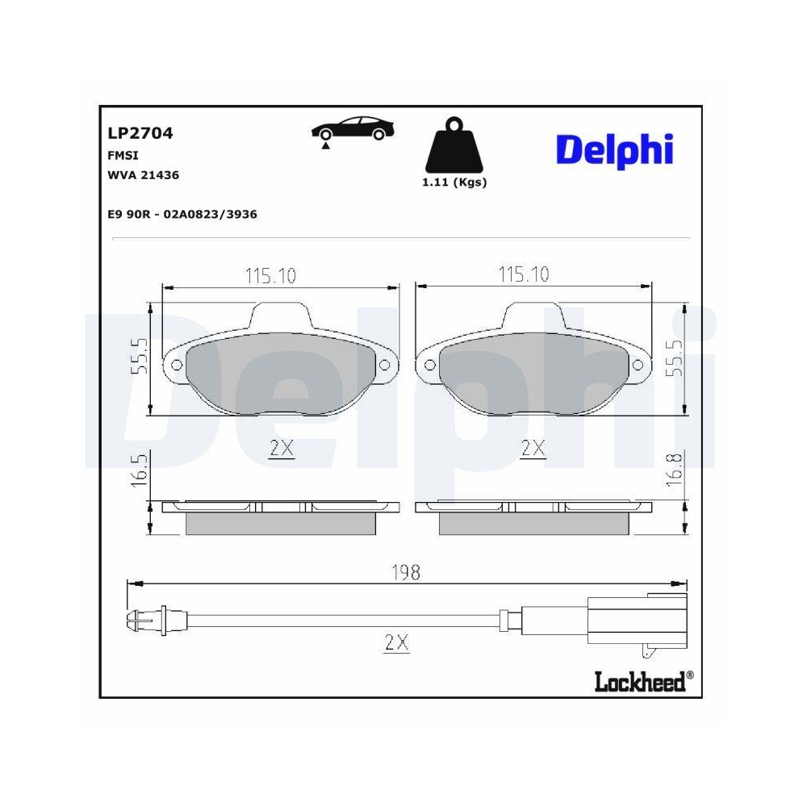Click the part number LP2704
coord(140,134)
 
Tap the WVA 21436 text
coord(143,174)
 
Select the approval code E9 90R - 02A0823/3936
coord(182,214)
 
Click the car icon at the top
coord(353,132)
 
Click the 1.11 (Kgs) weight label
coord(454,182)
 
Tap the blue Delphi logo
coord(614,150)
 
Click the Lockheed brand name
coord(639,682)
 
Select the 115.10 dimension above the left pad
coord(270,276)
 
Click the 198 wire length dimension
coord(405,572)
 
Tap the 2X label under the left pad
coord(281,449)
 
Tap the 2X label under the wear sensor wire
coord(396,642)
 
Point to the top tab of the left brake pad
coord(281,316)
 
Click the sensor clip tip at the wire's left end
coord(134,622)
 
